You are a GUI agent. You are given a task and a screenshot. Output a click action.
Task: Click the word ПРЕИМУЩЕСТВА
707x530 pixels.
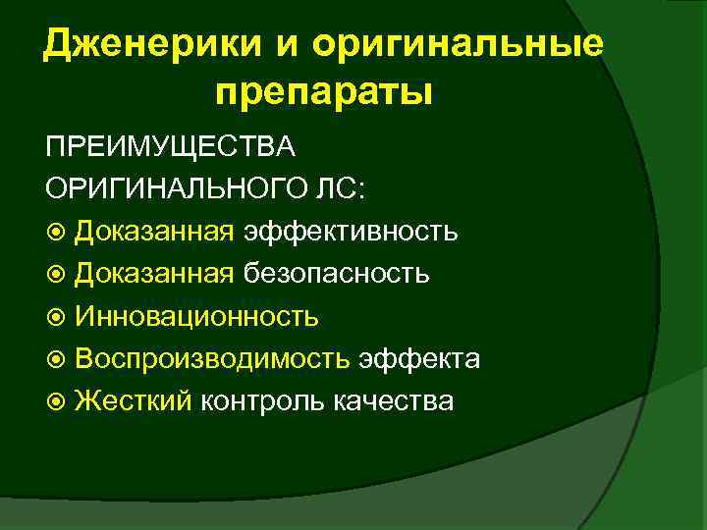click(x=170, y=146)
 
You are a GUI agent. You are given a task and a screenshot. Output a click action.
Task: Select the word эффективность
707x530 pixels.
click(x=350, y=232)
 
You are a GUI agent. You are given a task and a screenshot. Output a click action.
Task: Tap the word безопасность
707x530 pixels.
click(x=335, y=274)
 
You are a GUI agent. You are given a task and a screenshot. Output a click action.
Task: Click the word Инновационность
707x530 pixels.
click(x=196, y=316)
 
